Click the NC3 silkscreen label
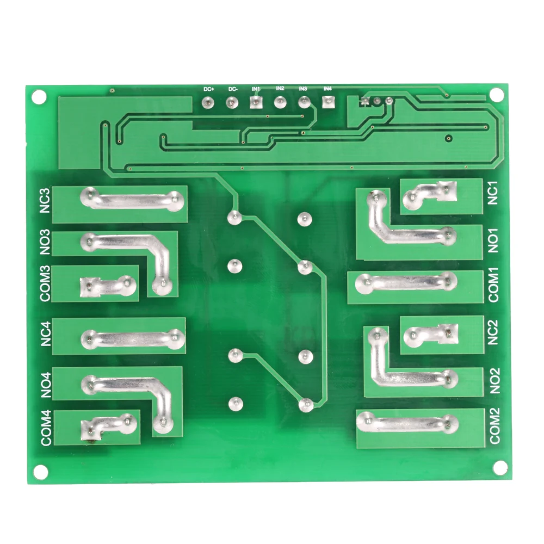pyautogui.click(x=45, y=202)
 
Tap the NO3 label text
pyautogui.click(x=45, y=243)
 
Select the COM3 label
pyautogui.click(x=45, y=283)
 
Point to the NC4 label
pyautogui.click(x=45, y=335)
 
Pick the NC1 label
pyautogui.click(x=493, y=193)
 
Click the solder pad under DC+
pyautogui.click(x=207, y=102)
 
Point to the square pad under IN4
pyautogui.click(x=327, y=101)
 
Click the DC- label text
pyautogui.click(x=233, y=89)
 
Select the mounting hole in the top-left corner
pyautogui.click(x=39, y=96)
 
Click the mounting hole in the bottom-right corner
pyautogui.click(x=499, y=467)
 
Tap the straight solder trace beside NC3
pyautogui.click(x=130, y=199)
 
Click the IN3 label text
pyautogui.click(x=303, y=89)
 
